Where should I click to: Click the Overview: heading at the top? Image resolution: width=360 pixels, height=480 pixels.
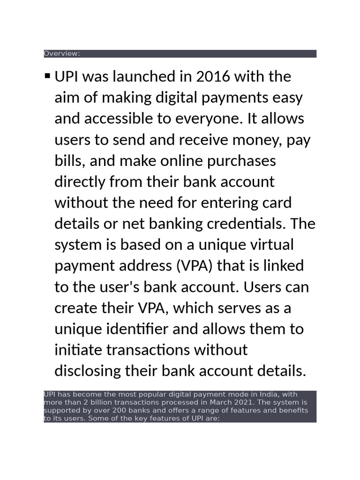[x=62, y=53]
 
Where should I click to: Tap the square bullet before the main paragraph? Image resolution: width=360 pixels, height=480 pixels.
[x=47, y=75]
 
